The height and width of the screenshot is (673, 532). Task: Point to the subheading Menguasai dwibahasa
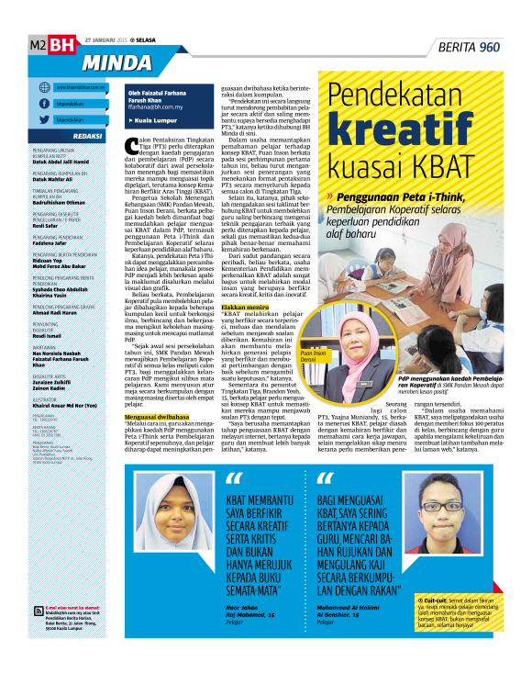pos(155,416)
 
